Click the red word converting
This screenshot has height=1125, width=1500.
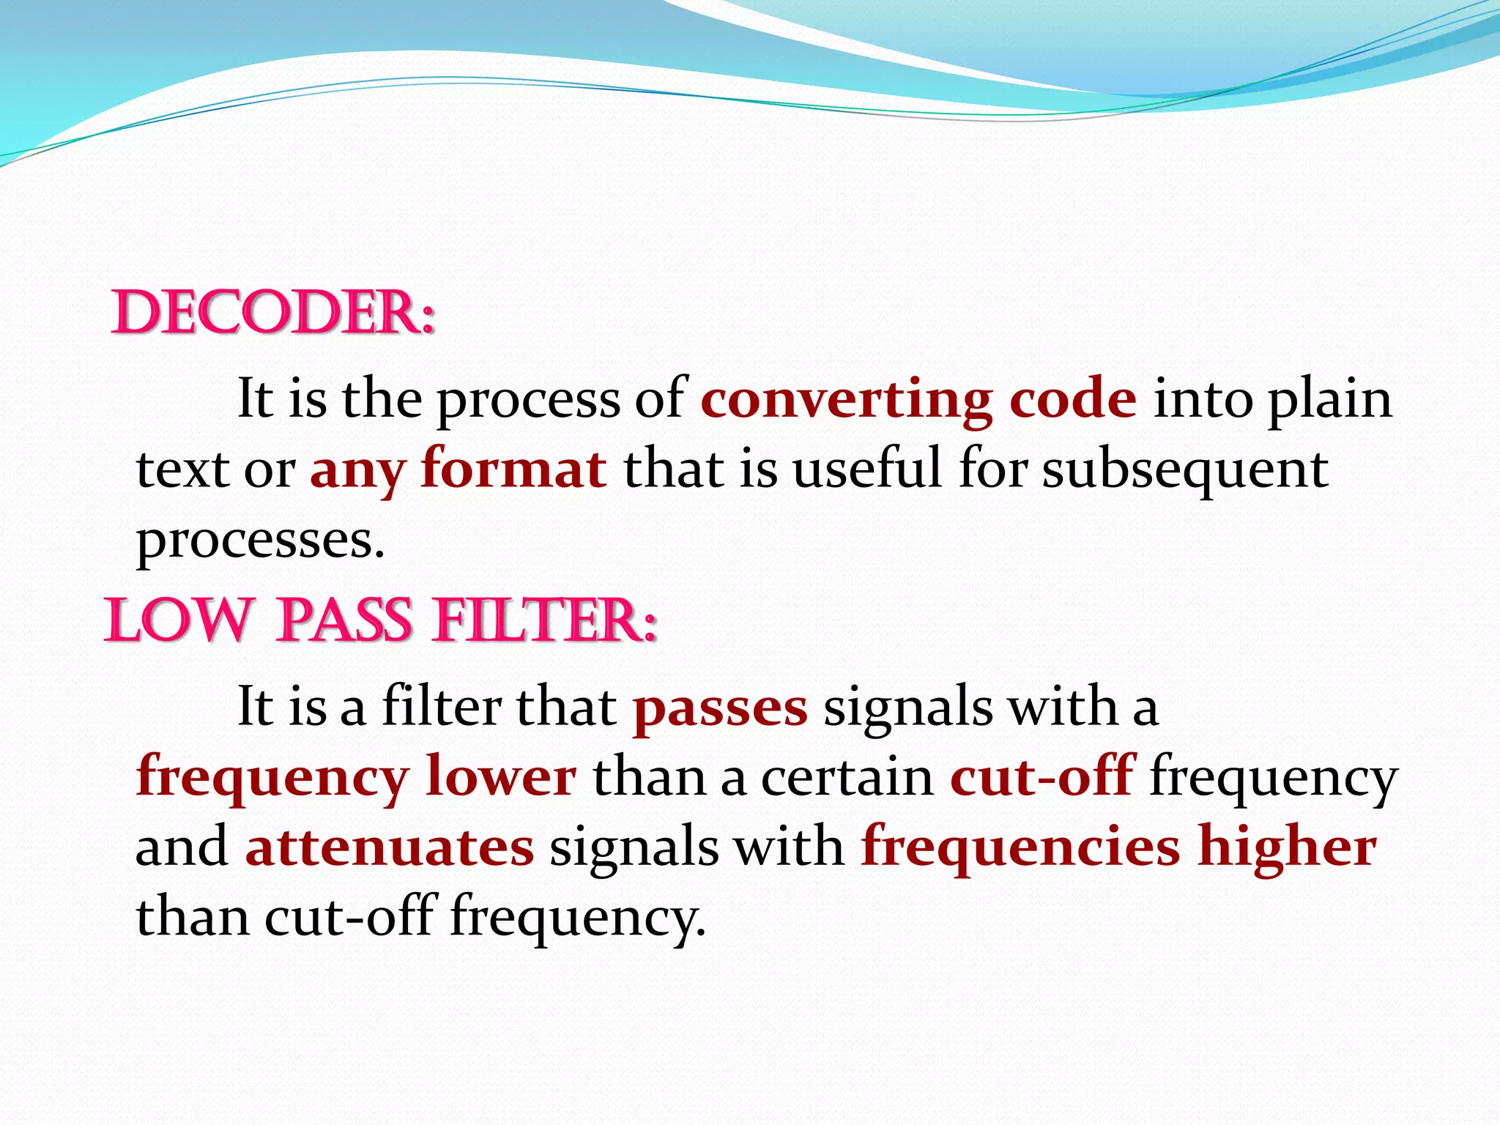pos(846,400)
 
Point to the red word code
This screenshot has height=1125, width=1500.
pos(1072,400)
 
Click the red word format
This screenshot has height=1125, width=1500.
pos(513,469)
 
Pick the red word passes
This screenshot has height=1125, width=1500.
pos(720,708)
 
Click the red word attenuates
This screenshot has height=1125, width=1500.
pos(390,847)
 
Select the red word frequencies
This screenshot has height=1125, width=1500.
pos(1020,847)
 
